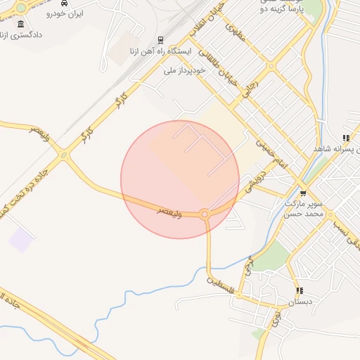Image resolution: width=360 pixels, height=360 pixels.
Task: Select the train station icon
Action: tap(162, 40)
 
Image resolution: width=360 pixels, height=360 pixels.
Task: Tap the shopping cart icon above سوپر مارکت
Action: tap(303, 193)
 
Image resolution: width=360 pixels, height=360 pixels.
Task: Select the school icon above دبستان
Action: tap(300, 290)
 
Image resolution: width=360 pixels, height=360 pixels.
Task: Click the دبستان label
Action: tap(300, 302)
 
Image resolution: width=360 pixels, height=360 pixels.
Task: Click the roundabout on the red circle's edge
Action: tap(205, 214)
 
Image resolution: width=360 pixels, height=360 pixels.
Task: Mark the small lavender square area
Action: tap(21, 240)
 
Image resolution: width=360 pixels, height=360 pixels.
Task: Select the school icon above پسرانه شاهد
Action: tap(345, 138)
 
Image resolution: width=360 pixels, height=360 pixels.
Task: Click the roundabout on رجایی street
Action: tap(272, 67)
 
